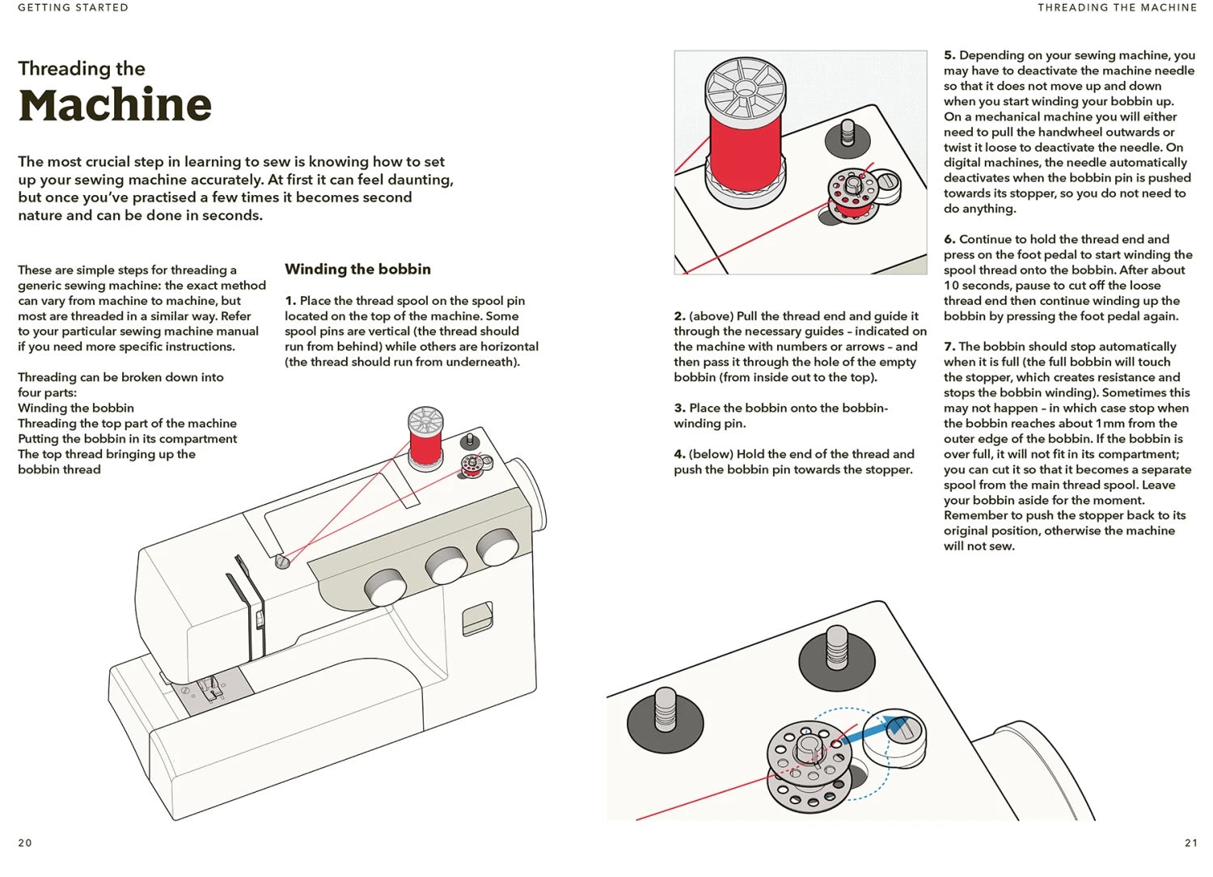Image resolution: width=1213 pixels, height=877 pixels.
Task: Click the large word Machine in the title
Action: tap(115, 105)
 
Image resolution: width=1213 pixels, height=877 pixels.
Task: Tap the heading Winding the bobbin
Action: tap(357, 269)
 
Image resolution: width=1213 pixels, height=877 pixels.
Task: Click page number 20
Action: tap(25, 842)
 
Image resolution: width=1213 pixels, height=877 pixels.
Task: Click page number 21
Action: tap(1190, 842)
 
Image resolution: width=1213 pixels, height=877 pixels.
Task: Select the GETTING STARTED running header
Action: tap(73, 7)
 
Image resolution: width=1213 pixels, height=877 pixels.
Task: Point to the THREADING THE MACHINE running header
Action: tap(1117, 7)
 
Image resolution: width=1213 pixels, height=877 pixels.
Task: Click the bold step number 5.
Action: tap(949, 55)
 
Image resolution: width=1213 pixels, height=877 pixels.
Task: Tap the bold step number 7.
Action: tap(949, 346)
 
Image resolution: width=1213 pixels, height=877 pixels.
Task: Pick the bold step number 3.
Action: tap(679, 408)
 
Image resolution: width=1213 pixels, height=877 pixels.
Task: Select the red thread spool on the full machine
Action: tap(425, 442)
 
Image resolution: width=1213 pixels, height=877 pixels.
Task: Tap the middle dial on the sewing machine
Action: tap(446, 565)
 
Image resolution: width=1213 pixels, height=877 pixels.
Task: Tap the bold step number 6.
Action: tap(949, 239)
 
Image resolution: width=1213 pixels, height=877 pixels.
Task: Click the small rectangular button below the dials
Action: tap(477, 618)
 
